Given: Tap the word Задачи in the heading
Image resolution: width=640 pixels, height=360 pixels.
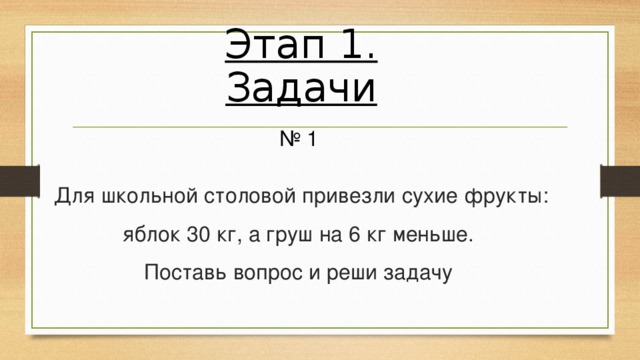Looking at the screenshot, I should click(301, 89).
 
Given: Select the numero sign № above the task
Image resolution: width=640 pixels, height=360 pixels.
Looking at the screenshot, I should click(291, 140).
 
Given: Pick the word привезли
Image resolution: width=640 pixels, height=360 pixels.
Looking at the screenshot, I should click(346, 194).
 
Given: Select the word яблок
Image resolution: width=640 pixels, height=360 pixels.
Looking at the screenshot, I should click(151, 236).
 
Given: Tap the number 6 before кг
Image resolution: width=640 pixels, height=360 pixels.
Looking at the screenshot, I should click(354, 236).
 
